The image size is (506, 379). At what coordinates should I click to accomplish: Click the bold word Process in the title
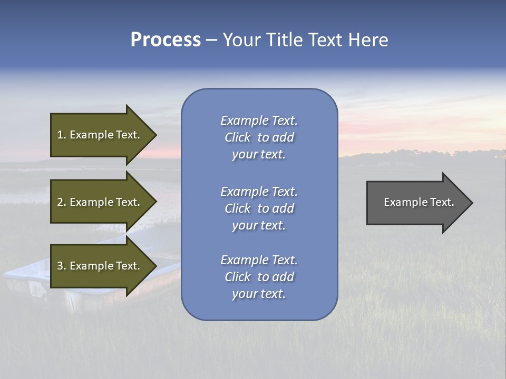(x=166, y=40)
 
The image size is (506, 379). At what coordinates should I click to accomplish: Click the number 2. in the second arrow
(x=62, y=202)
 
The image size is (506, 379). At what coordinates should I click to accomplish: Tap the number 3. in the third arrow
(x=62, y=266)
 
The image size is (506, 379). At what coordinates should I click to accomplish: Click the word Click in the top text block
(x=238, y=137)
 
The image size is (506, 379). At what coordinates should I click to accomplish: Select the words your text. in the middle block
(x=259, y=225)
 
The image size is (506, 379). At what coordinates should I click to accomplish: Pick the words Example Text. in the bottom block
(x=259, y=260)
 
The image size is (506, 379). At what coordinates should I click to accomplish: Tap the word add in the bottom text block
(x=283, y=277)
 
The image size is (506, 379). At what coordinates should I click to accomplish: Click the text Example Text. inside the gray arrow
(x=419, y=202)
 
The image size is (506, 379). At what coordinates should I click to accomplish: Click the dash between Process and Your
(x=211, y=40)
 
